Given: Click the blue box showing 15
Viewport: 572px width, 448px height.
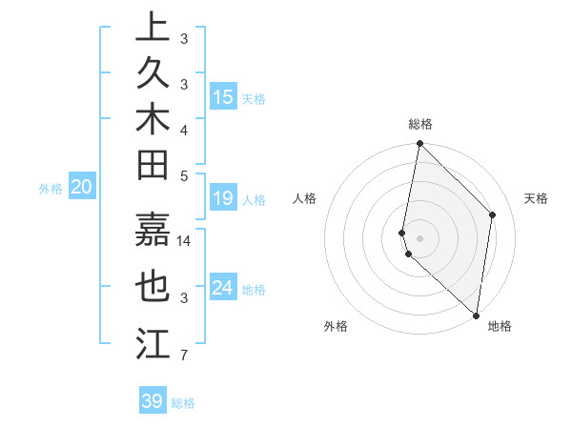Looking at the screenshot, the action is (x=223, y=97).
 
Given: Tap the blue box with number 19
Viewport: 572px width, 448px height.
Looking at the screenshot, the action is (x=223, y=198).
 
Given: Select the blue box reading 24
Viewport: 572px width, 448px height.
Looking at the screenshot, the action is (x=223, y=287).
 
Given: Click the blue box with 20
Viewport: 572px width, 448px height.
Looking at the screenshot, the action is (x=81, y=188).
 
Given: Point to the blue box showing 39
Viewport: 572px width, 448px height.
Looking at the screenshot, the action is (x=153, y=401).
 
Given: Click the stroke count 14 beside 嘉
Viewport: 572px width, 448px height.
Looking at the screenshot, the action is (x=185, y=240).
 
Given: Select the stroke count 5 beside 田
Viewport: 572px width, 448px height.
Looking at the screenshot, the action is (x=183, y=175).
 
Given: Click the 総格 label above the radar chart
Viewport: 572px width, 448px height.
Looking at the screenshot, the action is (x=420, y=124).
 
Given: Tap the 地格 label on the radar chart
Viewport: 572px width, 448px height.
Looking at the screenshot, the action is (x=500, y=326).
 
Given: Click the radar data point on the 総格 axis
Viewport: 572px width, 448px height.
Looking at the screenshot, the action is (x=419, y=144).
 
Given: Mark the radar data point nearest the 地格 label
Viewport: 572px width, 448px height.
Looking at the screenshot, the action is (x=476, y=316).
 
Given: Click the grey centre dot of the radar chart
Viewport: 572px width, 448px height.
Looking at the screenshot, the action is (x=419, y=237).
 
